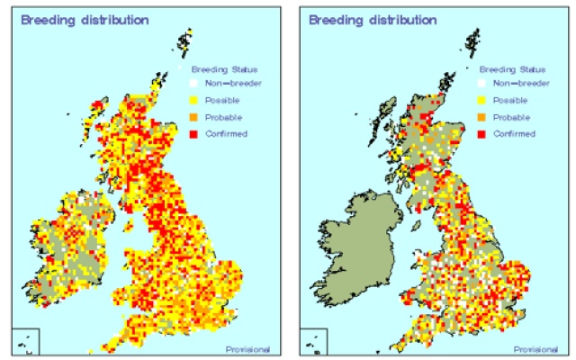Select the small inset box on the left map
pyautogui.click(x=27, y=342)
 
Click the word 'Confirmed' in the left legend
pyautogui.click(x=227, y=134)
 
